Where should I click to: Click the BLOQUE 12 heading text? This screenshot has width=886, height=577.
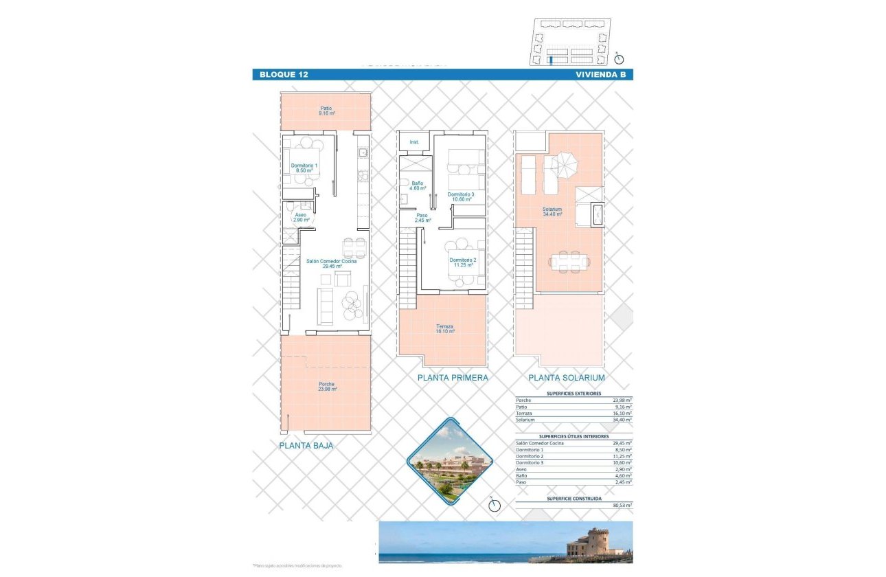pos(284,75)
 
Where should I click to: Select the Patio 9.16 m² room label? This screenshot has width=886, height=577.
pos(326,111)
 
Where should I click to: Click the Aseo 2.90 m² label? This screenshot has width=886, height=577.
pos(302,217)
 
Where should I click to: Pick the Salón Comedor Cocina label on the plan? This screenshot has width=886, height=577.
pos(331,263)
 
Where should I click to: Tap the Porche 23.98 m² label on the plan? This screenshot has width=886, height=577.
pos(327,387)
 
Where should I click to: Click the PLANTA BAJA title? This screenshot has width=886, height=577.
pos(306,446)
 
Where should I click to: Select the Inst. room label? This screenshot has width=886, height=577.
pos(415,142)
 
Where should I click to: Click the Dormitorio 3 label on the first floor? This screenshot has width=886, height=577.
pos(461,197)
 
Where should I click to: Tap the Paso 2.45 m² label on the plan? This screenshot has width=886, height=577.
pos(422,218)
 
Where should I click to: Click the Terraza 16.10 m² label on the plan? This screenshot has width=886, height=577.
pos(444,328)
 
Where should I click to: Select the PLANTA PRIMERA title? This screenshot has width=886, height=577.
pos(453,378)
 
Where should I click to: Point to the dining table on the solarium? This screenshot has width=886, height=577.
pos(568,260)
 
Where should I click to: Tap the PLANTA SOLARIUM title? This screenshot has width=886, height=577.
pos(566,378)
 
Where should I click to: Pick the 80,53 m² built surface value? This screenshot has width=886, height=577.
pos(622,505)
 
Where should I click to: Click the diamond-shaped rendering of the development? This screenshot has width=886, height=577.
pos(449,462)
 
